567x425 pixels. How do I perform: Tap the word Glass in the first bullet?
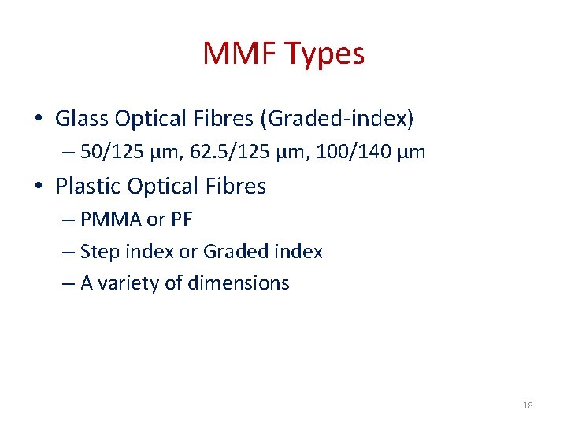point(82,119)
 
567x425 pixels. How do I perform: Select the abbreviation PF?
point(181,220)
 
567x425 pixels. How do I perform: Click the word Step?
point(98,252)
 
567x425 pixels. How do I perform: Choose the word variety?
point(128,283)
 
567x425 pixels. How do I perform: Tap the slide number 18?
point(527,405)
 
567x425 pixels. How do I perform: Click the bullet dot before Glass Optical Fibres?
point(38,120)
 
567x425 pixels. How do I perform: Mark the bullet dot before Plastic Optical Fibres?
point(38,187)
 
